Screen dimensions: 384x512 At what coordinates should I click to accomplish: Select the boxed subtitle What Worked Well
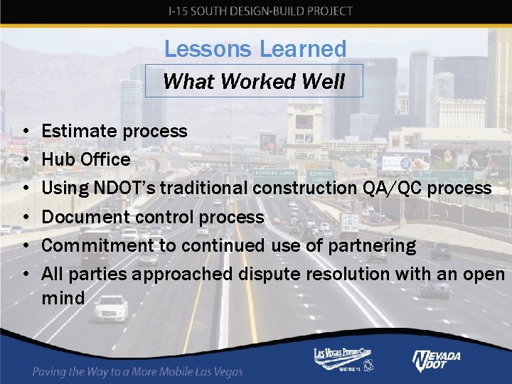click(x=254, y=81)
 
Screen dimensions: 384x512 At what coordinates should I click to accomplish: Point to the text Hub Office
click(x=86, y=159)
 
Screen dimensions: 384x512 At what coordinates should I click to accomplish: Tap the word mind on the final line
click(x=63, y=297)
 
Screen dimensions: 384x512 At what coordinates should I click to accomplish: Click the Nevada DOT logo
click(x=436, y=360)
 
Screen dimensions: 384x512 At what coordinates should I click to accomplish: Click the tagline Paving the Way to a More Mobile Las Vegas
click(x=138, y=371)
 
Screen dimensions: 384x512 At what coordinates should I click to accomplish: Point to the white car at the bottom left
click(x=111, y=308)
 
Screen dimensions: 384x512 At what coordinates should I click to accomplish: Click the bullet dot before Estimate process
click(x=25, y=132)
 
